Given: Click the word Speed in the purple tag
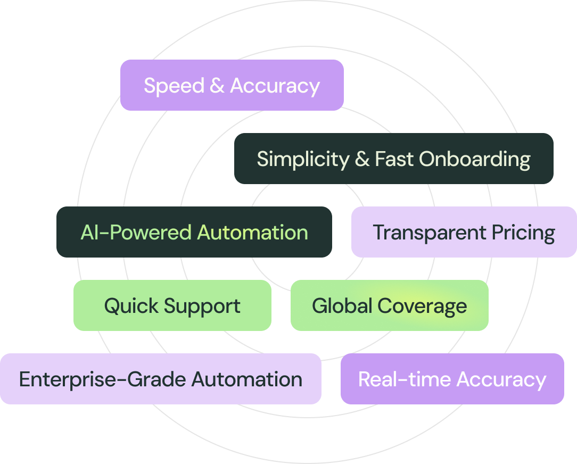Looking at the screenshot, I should pyautogui.click(x=174, y=86).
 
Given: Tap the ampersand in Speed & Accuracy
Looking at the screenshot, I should pyautogui.click(x=217, y=86).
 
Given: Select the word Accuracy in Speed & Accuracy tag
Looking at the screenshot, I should pyautogui.click(x=275, y=86).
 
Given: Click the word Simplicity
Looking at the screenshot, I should pyautogui.click(x=302, y=159).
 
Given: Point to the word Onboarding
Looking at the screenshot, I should pyautogui.click(x=474, y=159).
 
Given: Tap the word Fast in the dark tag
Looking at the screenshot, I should pyautogui.click(x=394, y=159).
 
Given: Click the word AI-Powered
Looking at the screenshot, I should pyautogui.click(x=136, y=233).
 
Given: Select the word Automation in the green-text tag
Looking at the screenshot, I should pyautogui.click(x=252, y=233).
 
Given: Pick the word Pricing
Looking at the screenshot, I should pyautogui.click(x=523, y=233).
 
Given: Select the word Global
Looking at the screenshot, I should pyautogui.click(x=342, y=306).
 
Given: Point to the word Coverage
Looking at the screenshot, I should pyautogui.click(x=422, y=306).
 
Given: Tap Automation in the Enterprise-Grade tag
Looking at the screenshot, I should pyautogui.click(x=247, y=379).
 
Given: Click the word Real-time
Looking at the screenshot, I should pyautogui.click(x=405, y=379).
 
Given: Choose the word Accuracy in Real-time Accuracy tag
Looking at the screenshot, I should pyautogui.click(x=501, y=380).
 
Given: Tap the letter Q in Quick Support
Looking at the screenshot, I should pyautogui.click(x=111, y=306).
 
